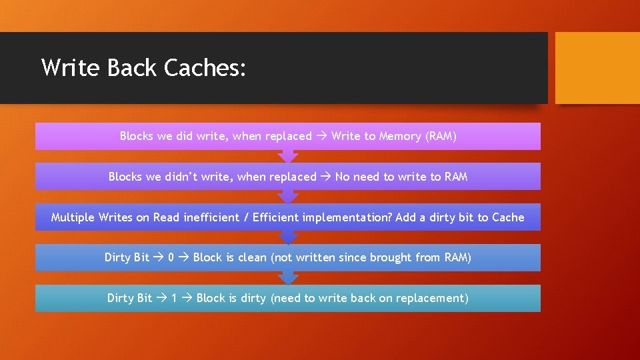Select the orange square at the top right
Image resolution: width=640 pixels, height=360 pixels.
(597, 68)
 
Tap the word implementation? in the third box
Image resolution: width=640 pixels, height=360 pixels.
(347, 218)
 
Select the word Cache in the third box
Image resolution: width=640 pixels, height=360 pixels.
(508, 218)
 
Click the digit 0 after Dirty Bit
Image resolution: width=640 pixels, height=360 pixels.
(171, 258)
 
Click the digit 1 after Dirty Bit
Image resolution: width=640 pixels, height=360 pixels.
(174, 299)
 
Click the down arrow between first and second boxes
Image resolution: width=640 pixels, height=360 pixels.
(288, 157)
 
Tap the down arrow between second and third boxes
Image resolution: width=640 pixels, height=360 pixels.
(288, 197)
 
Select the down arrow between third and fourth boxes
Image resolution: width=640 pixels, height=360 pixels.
(288, 237)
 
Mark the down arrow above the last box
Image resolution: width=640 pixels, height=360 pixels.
(288, 278)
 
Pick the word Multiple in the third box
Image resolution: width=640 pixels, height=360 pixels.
(73, 218)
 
